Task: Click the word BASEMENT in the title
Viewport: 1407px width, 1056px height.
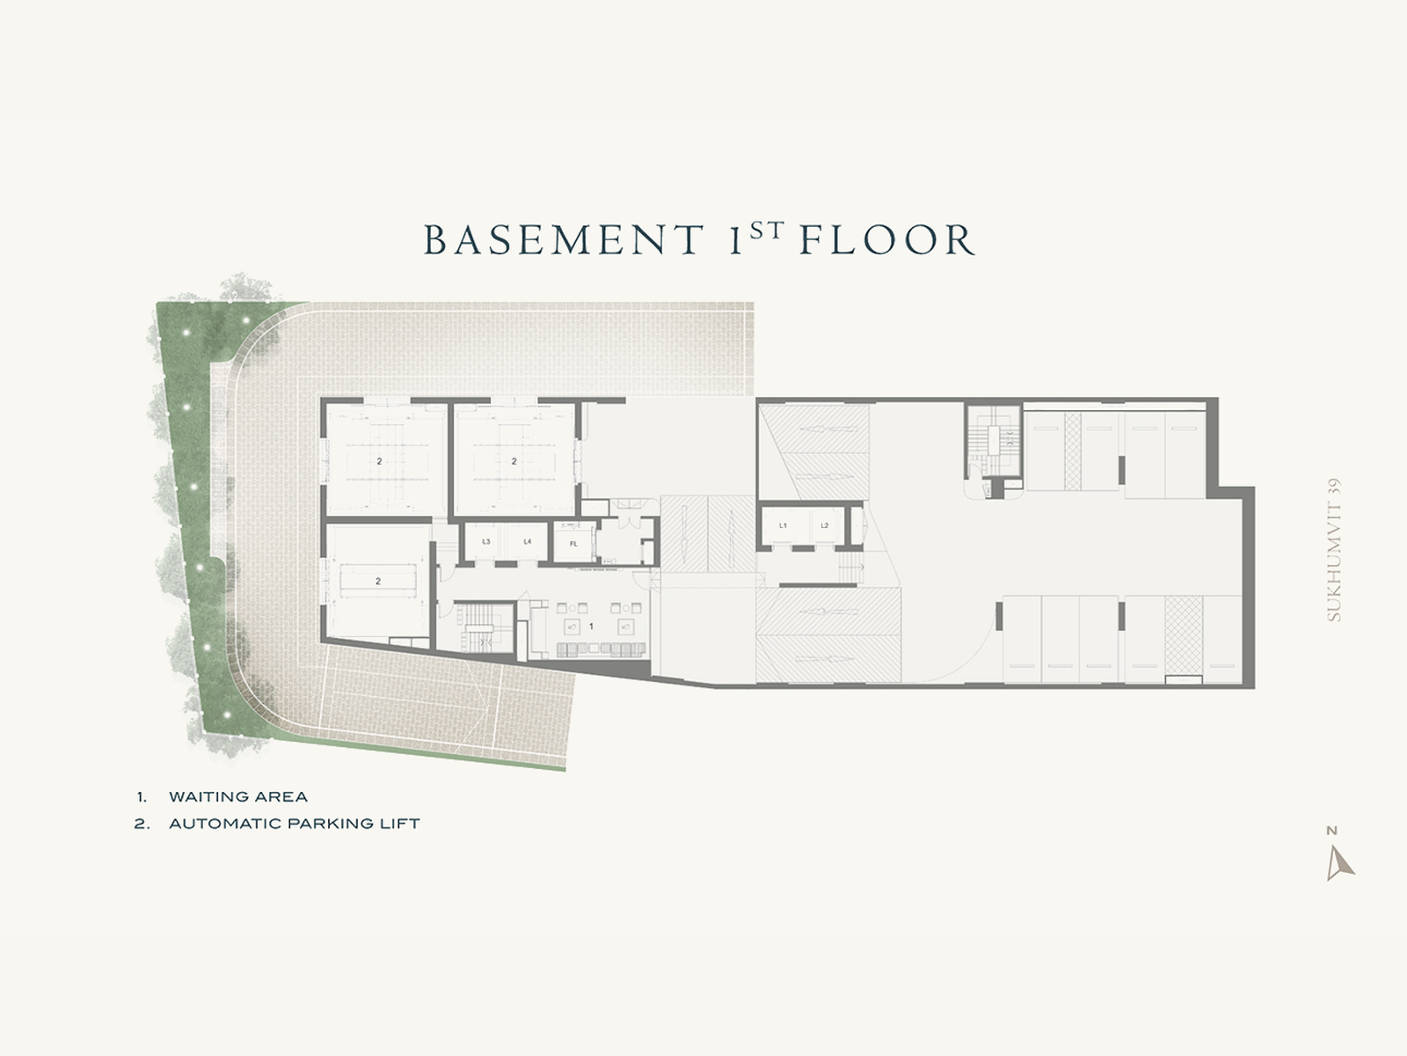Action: point(564,239)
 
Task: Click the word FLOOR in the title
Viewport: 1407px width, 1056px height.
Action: point(888,239)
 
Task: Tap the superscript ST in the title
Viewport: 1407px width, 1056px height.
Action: point(767,231)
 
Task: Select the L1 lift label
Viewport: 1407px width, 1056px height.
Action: point(783,525)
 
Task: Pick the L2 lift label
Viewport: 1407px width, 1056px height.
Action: point(824,525)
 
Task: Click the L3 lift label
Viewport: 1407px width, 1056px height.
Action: point(486,542)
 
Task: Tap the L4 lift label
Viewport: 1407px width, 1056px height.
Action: point(527,542)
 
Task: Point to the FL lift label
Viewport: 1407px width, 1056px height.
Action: point(573,544)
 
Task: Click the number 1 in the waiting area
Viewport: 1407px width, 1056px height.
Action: point(591,626)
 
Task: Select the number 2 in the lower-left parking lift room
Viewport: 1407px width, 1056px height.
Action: point(378,581)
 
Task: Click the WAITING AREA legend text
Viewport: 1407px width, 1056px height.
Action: point(238,797)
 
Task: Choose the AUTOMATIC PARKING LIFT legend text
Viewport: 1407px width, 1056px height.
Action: point(295,824)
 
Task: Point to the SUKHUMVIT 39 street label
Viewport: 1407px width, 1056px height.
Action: point(1334,550)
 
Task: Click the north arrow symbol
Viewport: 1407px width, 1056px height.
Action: point(1339,863)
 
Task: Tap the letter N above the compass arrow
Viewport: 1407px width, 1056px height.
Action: point(1331,831)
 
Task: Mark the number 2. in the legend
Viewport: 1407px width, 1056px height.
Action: point(142,824)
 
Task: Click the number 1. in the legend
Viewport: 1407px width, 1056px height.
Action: point(142,797)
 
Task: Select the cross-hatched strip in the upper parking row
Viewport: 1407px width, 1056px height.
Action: point(1072,451)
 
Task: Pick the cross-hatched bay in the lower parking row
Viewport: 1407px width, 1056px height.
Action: point(1184,634)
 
